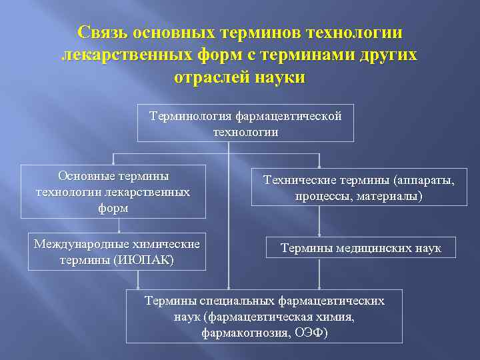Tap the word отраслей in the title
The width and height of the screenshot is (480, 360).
(211, 77)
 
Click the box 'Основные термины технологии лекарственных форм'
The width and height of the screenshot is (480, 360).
(113, 191)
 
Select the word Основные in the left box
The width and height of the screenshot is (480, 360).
(85, 176)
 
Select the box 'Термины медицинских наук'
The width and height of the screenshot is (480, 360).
(361, 247)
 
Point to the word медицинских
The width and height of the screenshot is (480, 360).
(370, 248)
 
